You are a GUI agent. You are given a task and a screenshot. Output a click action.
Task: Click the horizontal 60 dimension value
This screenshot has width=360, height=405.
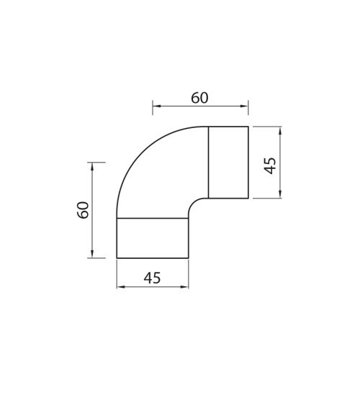coord(199,98)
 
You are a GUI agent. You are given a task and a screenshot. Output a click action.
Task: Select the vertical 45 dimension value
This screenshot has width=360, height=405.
coord(270,165)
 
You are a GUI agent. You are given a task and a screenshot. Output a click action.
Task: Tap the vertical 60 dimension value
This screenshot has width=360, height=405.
coord(84,210)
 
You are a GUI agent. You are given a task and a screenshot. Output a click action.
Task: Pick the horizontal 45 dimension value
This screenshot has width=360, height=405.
coord(152,278)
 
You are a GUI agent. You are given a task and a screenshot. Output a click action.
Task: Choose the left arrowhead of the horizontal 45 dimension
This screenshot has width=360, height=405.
coord(120,287)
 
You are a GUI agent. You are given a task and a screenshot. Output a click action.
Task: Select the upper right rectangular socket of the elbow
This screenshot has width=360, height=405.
coord(228,163)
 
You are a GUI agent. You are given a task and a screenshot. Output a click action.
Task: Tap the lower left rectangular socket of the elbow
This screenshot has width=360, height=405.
coord(153,238)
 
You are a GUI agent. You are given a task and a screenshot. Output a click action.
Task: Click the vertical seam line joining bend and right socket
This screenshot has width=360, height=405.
coord(208,163)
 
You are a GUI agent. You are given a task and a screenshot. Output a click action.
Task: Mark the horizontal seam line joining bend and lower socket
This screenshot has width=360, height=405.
coord(153,218)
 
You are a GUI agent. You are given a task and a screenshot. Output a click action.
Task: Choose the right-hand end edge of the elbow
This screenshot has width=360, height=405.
coord(248,163)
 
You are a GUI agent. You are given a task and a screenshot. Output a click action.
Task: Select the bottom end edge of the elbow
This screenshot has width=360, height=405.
coord(153,258)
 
